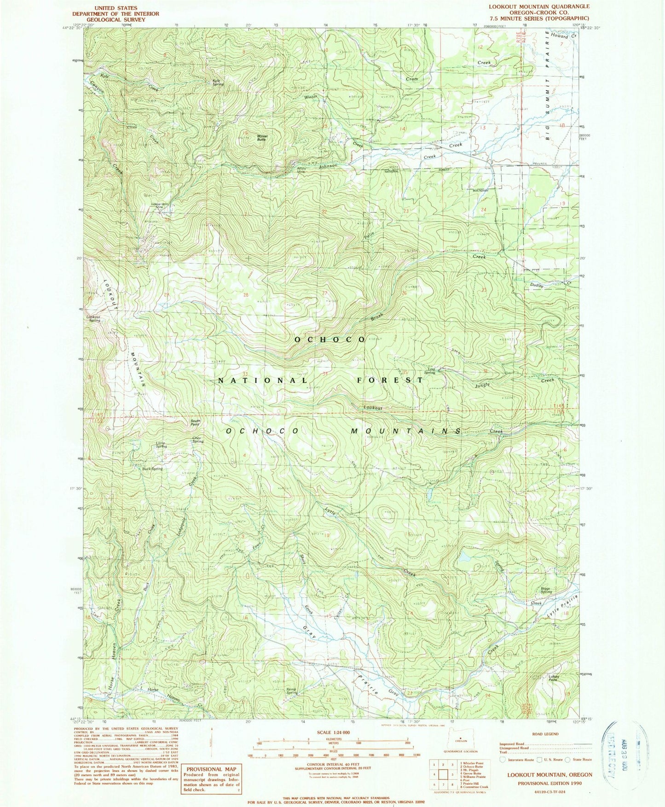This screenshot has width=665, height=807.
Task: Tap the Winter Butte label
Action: point(262,137)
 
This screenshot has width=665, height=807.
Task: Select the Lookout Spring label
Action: point(93,318)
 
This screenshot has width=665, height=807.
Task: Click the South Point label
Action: point(196,422)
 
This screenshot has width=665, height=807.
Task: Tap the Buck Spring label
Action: point(152,469)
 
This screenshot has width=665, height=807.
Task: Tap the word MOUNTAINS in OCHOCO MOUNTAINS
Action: point(406,431)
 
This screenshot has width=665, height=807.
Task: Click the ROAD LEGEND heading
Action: point(545,734)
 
